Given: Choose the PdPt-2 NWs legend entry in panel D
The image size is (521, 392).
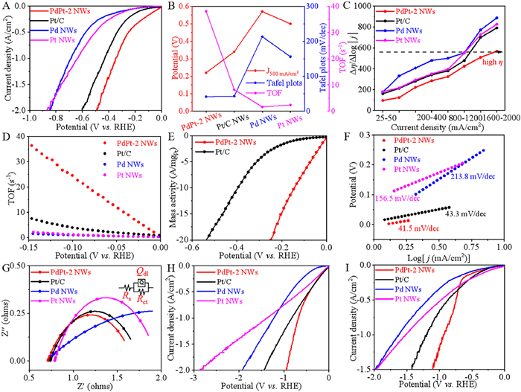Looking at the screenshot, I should click(x=64, y=141).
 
